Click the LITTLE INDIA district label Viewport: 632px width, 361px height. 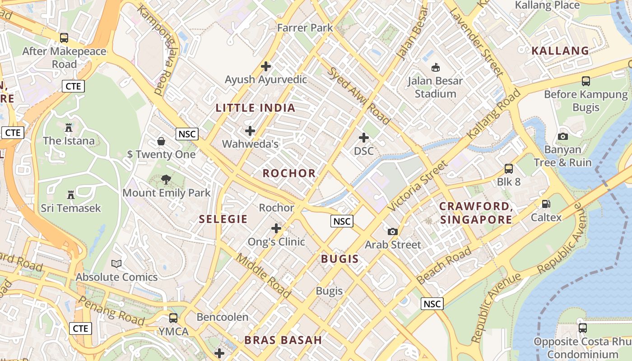pos(256,108)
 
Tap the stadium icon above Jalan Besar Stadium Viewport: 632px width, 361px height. pos(436,68)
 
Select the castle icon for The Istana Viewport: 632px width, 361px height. pos(69,128)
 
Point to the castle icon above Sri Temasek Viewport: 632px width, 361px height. pos(70,195)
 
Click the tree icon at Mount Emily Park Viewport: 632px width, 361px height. pos(166,180)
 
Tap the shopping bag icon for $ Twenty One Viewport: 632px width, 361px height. pos(161,141)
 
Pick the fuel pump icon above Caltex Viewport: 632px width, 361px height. pos(546,204)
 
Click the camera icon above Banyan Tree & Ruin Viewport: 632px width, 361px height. pos(562,136)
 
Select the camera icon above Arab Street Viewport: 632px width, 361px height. pos(393,231)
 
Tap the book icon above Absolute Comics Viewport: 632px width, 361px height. pos(116,264)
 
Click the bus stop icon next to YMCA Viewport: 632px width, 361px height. pos(173,318)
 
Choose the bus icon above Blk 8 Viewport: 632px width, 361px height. pos(509,169)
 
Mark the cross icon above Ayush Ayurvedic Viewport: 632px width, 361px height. pos(266,66)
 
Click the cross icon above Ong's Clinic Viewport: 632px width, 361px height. pos(276,228)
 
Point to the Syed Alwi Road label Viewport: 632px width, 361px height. pos(358,96)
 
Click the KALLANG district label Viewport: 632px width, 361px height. pos(560,51)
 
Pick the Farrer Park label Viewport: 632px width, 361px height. pos(305,28)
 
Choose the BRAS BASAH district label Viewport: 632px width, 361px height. pos(283,340)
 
